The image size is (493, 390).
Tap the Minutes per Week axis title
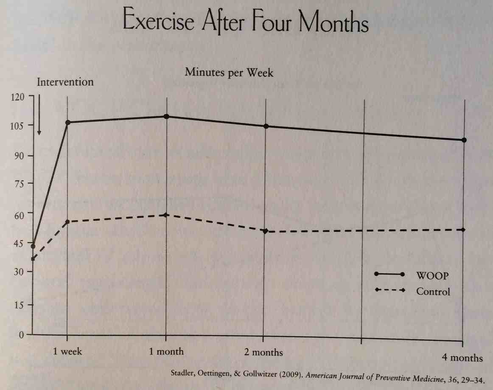[x=229, y=73]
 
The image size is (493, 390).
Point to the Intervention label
[x=65, y=81]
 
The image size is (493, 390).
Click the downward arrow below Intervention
[x=39, y=115]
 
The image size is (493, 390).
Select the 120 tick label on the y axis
[x=19, y=97]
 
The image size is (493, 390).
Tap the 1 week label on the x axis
[x=67, y=351]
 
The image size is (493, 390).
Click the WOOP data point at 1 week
[x=67, y=123]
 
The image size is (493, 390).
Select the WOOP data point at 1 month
[x=166, y=116]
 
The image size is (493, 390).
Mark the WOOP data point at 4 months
[x=464, y=140]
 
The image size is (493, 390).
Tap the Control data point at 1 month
[x=166, y=215]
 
